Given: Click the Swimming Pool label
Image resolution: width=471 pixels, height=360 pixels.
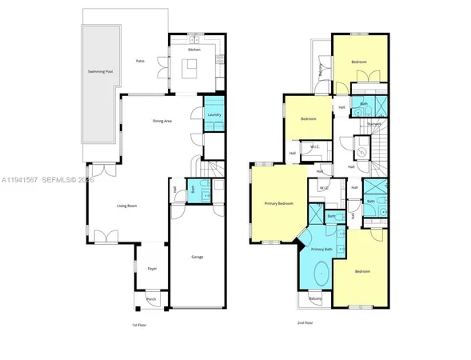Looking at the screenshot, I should click(100, 71).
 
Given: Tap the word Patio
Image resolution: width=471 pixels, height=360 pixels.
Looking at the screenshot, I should click(140, 61).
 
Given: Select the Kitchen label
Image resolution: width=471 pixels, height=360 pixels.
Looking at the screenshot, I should click(194, 50).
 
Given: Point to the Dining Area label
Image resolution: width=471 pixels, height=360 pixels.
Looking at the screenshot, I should click(162, 121).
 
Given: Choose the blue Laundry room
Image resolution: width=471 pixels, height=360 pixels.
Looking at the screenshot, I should click(214, 114).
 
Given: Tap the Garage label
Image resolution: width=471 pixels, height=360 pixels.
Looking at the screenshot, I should click(197, 257).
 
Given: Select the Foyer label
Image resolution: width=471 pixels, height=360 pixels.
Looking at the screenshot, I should click(151, 269).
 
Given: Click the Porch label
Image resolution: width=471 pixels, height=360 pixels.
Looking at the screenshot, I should click(151, 300).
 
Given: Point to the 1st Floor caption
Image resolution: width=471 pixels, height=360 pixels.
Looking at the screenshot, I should click(139, 325).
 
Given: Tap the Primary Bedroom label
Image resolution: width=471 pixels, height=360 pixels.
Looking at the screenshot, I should click(279, 203).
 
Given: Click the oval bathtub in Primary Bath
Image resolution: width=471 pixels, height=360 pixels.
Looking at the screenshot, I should click(321, 274).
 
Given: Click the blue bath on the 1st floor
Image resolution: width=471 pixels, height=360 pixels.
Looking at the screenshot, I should click(192, 189).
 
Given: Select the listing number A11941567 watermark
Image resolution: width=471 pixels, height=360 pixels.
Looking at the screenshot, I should click(22, 180).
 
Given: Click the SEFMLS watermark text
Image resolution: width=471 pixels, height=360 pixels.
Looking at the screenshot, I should click(58, 180).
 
